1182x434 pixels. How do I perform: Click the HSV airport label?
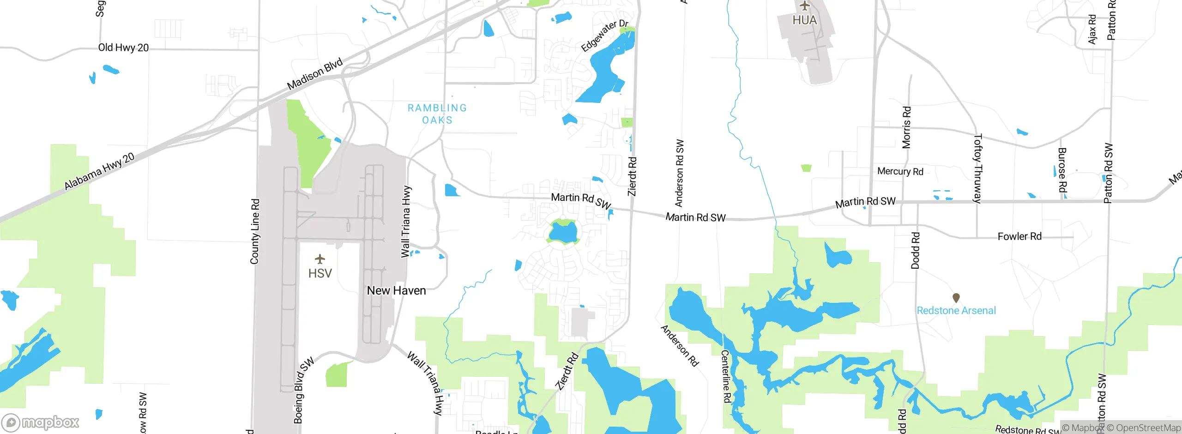pyautogui.click(x=320, y=273)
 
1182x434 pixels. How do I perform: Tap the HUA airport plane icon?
pyautogui.click(x=805, y=6)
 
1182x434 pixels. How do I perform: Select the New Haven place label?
pyautogui.click(x=396, y=290)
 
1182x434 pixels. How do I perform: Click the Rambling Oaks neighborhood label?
pyautogui.click(x=437, y=114)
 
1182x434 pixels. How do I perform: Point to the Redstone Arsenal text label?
pyautogui.click(x=956, y=311)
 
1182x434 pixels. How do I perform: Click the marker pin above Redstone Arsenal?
pyautogui.click(x=956, y=298)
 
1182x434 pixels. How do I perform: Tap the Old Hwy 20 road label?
pyautogui.click(x=123, y=48)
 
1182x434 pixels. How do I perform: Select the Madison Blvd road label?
pyautogui.click(x=315, y=74)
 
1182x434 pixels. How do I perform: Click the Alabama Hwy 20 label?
pyautogui.click(x=99, y=171)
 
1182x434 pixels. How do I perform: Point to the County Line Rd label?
pyautogui.click(x=255, y=231)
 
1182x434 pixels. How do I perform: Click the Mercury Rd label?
pyautogui.click(x=900, y=171)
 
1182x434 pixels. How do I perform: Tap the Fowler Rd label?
pyautogui.click(x=1019, y=236)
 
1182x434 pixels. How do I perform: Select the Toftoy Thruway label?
pyautogui.click(x=977, y=168)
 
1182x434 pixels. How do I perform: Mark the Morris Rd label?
pyautogui.click(x=906, y=127)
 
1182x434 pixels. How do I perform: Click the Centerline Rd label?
pyautogui.click(x=725, y=376)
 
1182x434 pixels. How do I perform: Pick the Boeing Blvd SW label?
pyautogui.click(x=303, y=390)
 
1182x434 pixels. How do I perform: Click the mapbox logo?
pyautogui.click(x=41, y=422)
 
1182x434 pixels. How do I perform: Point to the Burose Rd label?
pyautogui.click(x=1062, y=170)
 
